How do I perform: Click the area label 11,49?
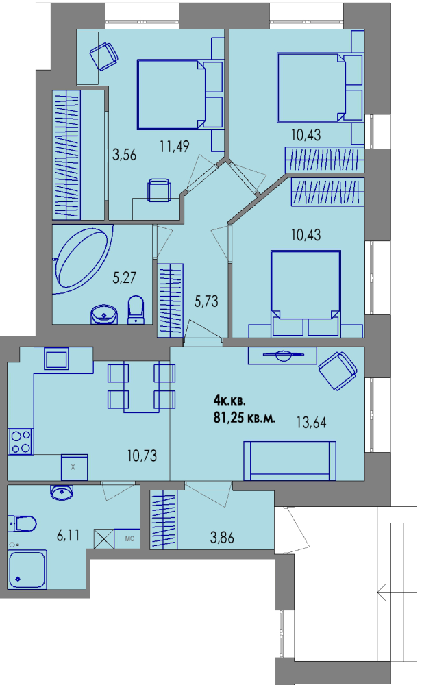(174, 147)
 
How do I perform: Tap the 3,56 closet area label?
(125, 155)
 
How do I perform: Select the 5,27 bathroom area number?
(125, 277)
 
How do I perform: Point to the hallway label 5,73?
(206, 301)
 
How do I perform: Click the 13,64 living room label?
(312, 423)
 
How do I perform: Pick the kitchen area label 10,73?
(142, 456)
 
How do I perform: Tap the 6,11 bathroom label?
(68, 535)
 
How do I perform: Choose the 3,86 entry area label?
(222, 538)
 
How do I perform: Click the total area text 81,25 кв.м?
(244, 418)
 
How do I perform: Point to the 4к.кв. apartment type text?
(229, 400)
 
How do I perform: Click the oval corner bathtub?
(82, 258)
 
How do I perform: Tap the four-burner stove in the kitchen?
(21, 442)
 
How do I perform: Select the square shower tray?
(27, 569)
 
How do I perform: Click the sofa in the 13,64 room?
(290, 460)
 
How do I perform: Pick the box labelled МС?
(127, 538)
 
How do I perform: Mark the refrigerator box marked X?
(74, 467)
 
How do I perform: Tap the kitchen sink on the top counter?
(57, 359)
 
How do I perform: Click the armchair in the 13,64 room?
(338, 371)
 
